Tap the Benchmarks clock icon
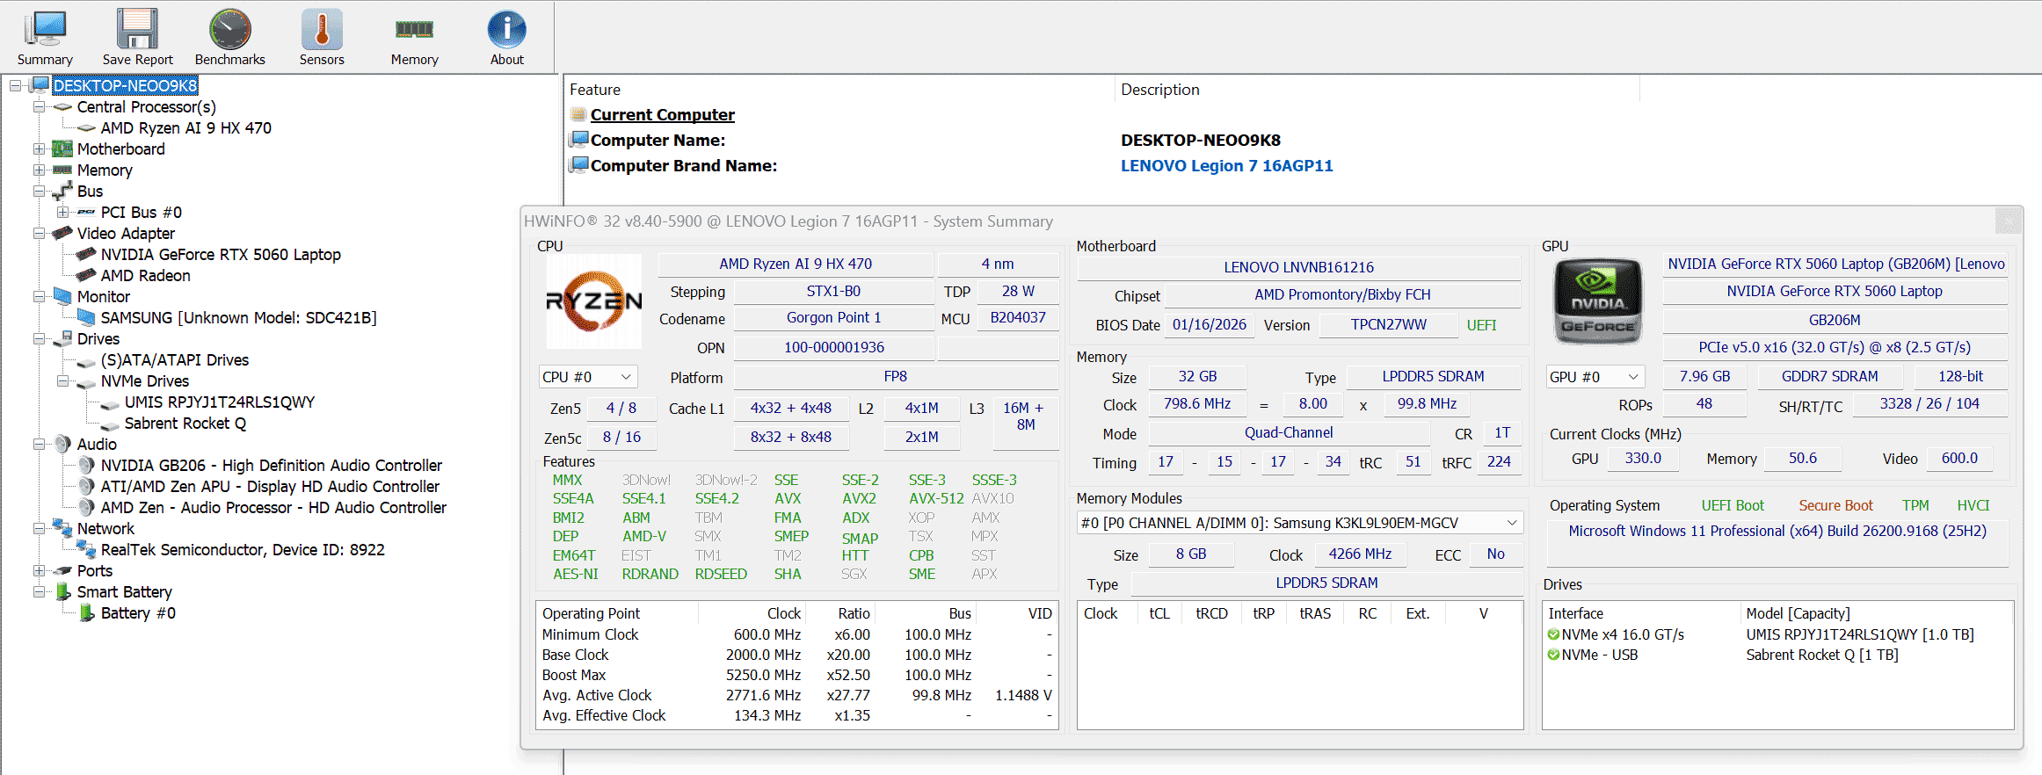[230, 30]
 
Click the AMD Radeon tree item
[145, 275]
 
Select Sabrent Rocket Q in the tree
[185, 423]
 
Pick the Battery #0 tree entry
[138, 612]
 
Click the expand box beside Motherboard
[39, 148]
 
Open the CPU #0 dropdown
[587, 377]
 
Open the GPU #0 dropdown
[1595, 377]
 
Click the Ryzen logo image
[594, 301]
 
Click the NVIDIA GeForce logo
[1597, 301]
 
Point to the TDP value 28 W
[1018, 291]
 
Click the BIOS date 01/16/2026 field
[1209, 325]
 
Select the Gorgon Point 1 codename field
[833, 318]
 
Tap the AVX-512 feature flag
[936, 498]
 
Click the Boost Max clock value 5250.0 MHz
[763, 675]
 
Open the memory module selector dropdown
[1300, 523]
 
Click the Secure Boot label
[1835, 505]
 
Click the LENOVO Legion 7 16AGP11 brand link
[1226, 166]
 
